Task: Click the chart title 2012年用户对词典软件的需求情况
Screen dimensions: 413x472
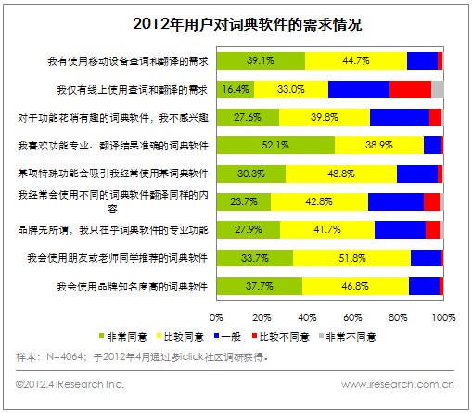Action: pos(235,23)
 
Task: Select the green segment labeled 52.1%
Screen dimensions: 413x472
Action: pos(275,145)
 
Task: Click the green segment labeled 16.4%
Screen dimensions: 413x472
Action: pos(235,89)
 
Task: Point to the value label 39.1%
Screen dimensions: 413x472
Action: pos(261,61)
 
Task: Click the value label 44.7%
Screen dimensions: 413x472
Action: pos(355,61)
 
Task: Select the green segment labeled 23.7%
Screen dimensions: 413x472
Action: pos(243,200)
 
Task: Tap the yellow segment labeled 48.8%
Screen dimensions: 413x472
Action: pos(340,173)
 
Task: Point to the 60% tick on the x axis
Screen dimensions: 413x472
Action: pos(353,317)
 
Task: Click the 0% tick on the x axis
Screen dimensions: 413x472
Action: pos(217,317)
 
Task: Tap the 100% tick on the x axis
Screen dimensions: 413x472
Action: pos(441,317)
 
